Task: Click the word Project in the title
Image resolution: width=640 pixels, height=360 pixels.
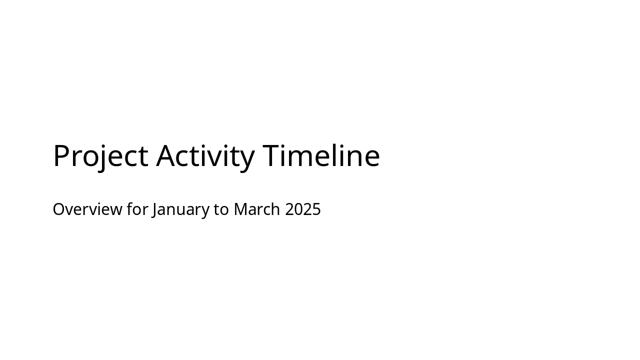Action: pos(100,155)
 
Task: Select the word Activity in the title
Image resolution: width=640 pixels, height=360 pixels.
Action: pos(205,155)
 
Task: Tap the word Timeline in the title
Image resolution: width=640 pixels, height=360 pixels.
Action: pos(321,155)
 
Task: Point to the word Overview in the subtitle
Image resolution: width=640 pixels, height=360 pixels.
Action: pos(87,209)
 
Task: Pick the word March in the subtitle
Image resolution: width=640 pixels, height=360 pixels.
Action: pos(256,209)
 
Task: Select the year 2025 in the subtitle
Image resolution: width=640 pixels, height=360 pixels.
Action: pos(303,209)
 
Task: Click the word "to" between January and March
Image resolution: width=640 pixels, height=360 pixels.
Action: pos(221,209)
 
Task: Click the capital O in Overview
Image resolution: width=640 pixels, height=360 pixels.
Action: pos(59,209)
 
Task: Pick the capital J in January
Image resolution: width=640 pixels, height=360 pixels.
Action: pos(154,209)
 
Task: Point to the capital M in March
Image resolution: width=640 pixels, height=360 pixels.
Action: pos(240,209)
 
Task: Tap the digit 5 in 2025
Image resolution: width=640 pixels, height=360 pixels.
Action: pos(316,209)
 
